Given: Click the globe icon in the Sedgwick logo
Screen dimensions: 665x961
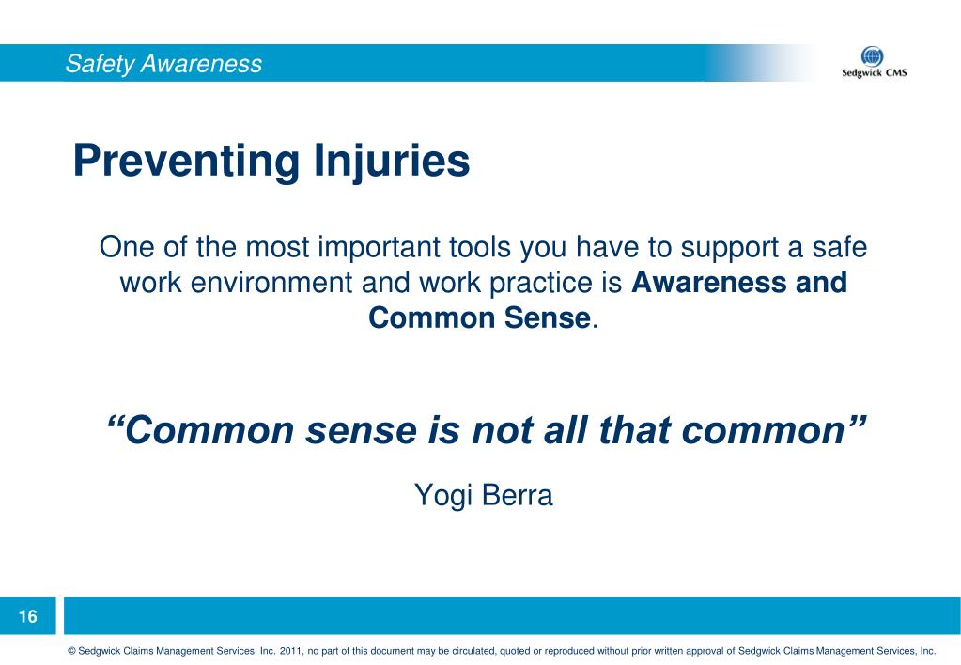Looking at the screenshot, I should coord(873,56).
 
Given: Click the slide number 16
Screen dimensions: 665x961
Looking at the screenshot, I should coord(28,617).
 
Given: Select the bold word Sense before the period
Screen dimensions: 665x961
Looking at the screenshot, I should coord(540,318).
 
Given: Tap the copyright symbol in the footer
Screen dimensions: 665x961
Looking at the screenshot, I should coord(71,650).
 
